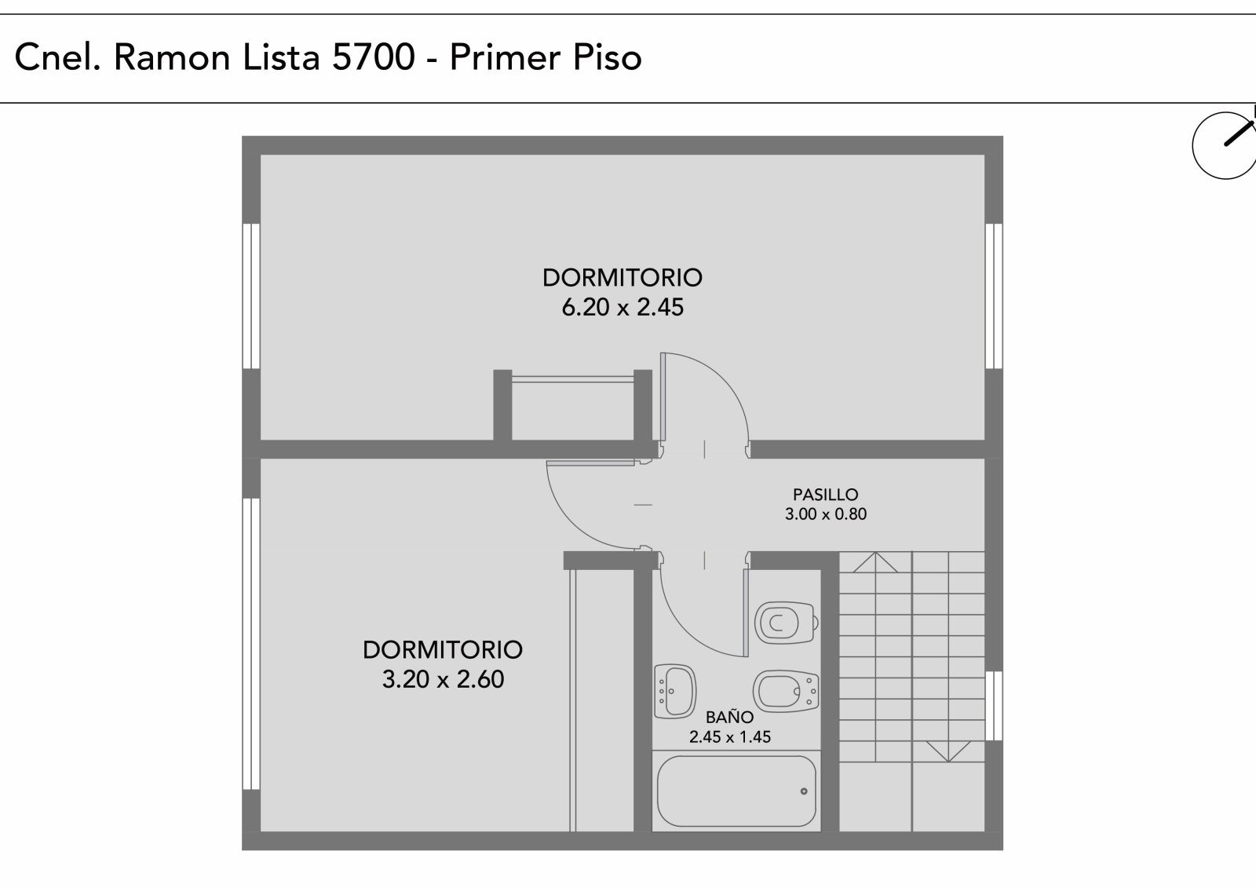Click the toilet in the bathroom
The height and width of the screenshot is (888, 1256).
click(x=786, y=623)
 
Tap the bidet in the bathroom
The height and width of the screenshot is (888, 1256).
click(x=786, y=692)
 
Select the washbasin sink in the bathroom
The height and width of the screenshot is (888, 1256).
click(x=675, y=692)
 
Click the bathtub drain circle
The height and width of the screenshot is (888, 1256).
click(x=804, y=791)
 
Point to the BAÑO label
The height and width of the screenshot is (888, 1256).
click(x=729, y=718)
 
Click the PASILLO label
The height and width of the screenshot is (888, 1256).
click(x=825, y=495)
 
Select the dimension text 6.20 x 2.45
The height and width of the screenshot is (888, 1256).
click(x=623, y=308)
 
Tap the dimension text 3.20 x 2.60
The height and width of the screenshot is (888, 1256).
click(x=443, y=679)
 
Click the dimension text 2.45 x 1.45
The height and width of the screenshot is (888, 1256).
click(x=729, y=737)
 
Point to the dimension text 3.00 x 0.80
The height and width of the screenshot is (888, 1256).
click(x=825, y=513)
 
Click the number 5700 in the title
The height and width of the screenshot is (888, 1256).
click(x=374, y=57)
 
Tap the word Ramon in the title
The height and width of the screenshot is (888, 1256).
click(x=172, y=57)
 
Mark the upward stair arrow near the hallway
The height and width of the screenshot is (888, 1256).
click(x=874, y=562)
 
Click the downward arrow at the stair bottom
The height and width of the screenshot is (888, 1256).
click(x=948, y=751)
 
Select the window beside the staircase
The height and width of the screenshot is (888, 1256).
click(x=994, y=706)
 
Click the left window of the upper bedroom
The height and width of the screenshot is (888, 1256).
click(x=251, y=296)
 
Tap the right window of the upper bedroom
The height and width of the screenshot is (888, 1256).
click(x=994, y=296)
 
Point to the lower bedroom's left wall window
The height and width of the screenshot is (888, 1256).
click(x=251, y=643)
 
